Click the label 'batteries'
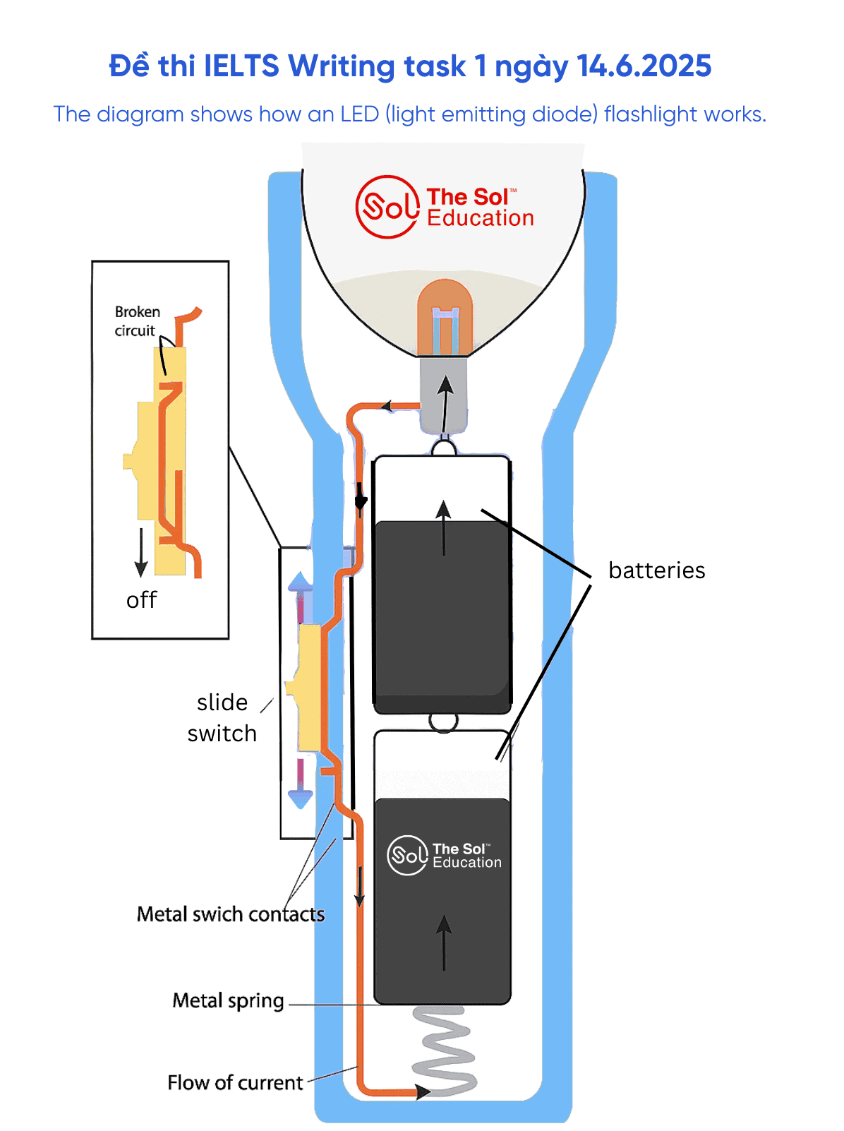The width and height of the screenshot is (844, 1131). tap(656, 570)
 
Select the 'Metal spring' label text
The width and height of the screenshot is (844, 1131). tap(228, 1000)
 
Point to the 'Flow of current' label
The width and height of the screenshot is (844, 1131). tap(235, 1082)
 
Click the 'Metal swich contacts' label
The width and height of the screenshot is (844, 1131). tap(231, 914)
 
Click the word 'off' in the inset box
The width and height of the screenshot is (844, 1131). tap(141, 600)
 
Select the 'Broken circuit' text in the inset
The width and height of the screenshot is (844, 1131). tap(137, 321)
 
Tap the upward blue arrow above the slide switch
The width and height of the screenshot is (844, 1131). tap(300, 586)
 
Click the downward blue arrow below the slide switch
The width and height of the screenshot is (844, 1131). tap(301, 794)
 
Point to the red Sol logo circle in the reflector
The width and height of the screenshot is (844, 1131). tap(387, 207)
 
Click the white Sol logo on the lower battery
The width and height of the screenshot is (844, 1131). tap(408, 855)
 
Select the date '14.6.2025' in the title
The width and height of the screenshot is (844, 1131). tap(644, 66)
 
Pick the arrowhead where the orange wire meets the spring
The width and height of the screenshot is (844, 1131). tap(423, 1092)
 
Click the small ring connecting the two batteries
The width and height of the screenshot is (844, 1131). tap(443, 722)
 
